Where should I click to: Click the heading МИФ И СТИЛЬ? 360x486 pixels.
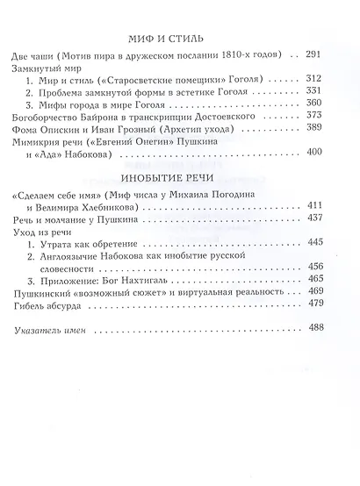coord(179,31)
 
